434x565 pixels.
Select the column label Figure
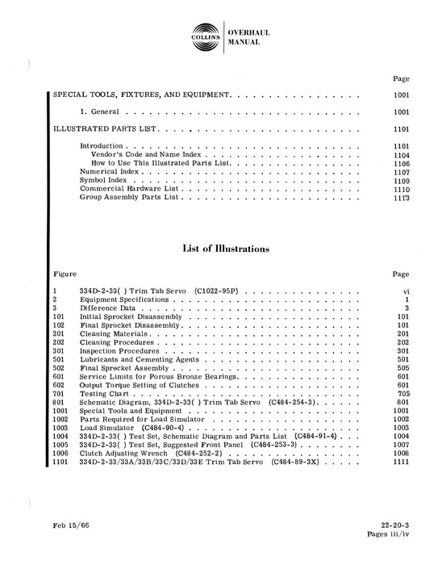tap(64, 274)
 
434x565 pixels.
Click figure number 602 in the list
tap(59, 386)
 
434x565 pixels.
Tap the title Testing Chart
tap(102, 394)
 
